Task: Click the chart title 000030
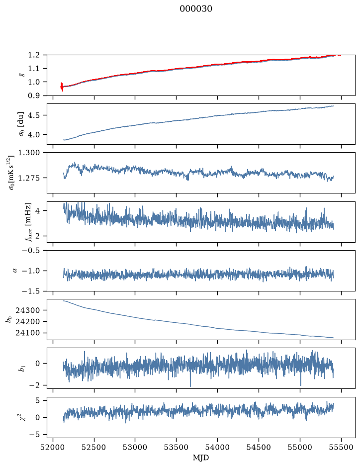196,9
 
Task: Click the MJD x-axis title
201,458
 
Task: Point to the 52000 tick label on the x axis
53,447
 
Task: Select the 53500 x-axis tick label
177,447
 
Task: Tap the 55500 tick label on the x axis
341,447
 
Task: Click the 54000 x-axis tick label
217,447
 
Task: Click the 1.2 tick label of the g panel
34,55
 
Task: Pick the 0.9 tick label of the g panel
34,95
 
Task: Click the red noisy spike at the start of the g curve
62,87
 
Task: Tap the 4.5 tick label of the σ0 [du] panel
34,115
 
